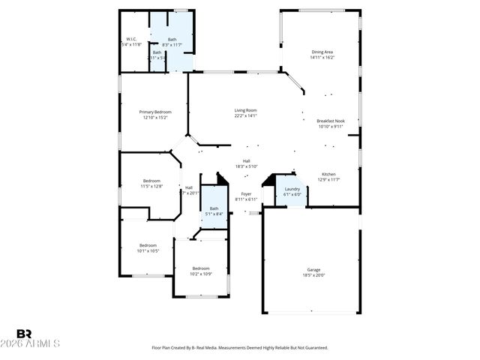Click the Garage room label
pyautogui.click(x=313, y=269)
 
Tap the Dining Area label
pyautogui.click(x=323, y=52)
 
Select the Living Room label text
pyautogui.click(x=245, y=110)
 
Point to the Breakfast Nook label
pyautogui.click(x=330, y=121)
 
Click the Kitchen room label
pyautogui.click(x=329, y=173)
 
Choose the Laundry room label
pyautogui.click(x=292, y=189)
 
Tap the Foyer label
pyautogui.click(x=246, y=193)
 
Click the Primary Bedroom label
pyautogui.click(x=154, y=112)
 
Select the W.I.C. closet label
pyautogui.click(x=130, y=39)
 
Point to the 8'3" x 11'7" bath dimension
pyautogui.click(x=172, y=45)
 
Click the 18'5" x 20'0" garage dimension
pyautogui.click(x=313, y=275)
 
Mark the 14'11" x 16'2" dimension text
pyautogui.click(x=323, y=58)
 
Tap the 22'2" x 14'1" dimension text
pyautogui.click(x=245, y=116)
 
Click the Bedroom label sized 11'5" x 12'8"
pyautogui.click(x=152, y=180)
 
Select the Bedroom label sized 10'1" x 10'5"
pyautogui.click(x=148, y=245)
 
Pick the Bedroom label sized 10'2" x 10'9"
pyautogui.click(x=201, y=268)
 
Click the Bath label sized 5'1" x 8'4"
pyautogui.click(x=214, y=208)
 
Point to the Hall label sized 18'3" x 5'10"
pyautogui.click(x=246, y=160)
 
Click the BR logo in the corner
pyautogui.click(x=24, y=334)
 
